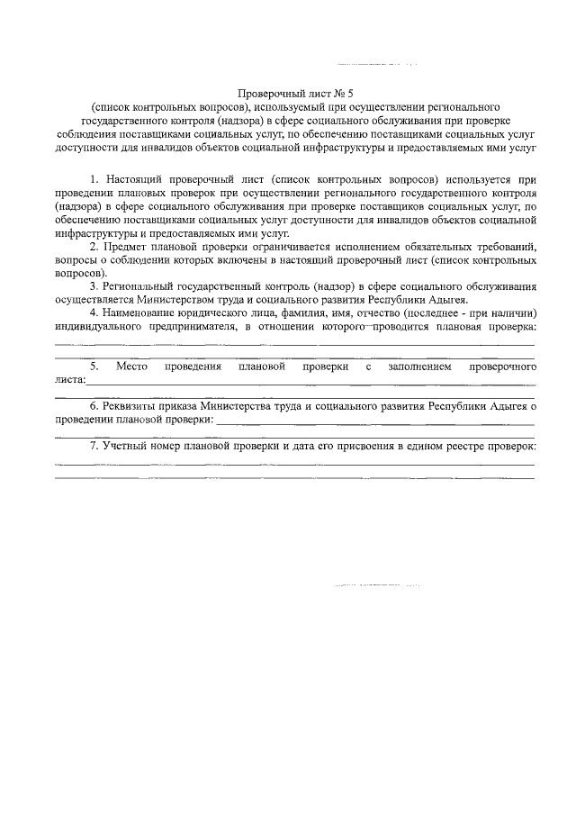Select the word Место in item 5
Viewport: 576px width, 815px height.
point(131,367)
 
